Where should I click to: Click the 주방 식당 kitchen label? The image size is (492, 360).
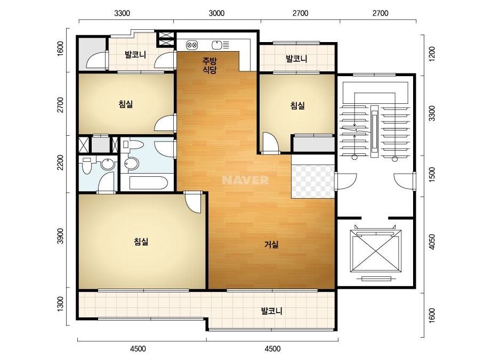click(209, 65)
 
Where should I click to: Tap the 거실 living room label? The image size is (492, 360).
click(271, 244)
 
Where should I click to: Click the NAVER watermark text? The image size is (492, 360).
click(245, 180)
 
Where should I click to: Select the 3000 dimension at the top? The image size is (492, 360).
click(216, 13)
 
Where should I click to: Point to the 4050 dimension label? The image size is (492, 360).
click(432, 242)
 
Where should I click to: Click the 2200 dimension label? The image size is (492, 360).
click(60, 162)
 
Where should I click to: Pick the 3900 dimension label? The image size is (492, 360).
click(60, 236)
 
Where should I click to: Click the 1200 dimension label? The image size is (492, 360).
click(432, 54)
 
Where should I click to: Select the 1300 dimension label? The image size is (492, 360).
click(60, 304)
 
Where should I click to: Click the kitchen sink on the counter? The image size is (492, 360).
click(217, 45)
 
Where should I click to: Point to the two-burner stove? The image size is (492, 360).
click(192, 45)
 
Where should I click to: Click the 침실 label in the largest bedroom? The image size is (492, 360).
click(141, 241)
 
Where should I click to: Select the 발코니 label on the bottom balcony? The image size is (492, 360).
click(272, 311)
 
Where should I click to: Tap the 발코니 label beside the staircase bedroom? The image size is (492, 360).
click(296, 59)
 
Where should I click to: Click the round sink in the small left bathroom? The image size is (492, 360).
click(108, 165)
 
